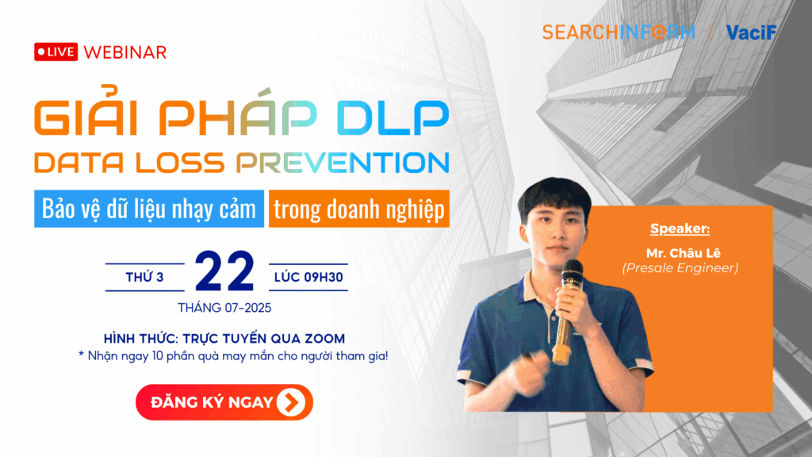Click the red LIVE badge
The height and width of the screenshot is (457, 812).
pos(56,52)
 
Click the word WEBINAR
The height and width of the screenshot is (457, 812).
pos(124,52)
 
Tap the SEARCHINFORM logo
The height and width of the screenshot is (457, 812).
pos(619,32)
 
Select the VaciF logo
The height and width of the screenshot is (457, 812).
pos(750,32)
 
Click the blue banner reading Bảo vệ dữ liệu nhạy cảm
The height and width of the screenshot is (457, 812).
pos(149,209)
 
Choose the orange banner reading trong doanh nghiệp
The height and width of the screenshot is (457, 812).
pos(359,209)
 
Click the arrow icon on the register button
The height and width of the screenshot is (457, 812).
pos(292,402)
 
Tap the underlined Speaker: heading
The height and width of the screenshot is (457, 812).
pos(680,229)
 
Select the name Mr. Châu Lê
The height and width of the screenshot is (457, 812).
pos(680,254)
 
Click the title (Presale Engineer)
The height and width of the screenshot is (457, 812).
pos(680,268)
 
